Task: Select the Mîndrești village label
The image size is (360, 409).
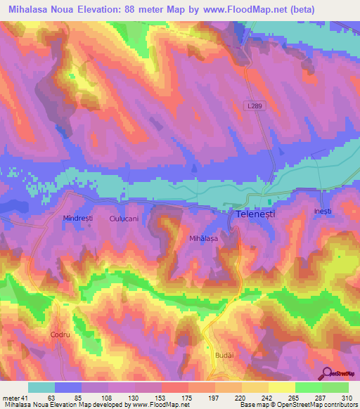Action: pos(78,219)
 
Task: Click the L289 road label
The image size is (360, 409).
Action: pos(255,104)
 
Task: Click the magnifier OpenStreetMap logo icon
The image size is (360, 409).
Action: pos(328,373)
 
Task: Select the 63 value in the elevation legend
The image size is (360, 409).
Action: pos(49,398)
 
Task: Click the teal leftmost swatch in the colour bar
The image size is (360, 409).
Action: pos(41,387)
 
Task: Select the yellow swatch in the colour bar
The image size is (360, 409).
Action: pos(282,387)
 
